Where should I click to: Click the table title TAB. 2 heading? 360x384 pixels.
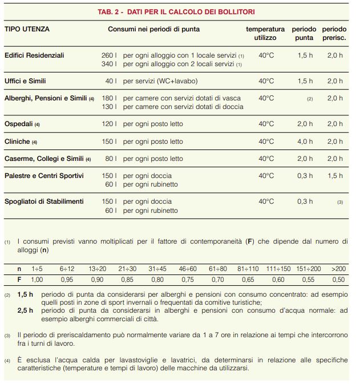[180, 11]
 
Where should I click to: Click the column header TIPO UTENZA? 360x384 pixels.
[27, 29]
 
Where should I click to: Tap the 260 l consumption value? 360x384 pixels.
[108, 56]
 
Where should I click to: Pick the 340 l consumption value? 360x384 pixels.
[108, 64]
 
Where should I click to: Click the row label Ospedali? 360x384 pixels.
[19, 124]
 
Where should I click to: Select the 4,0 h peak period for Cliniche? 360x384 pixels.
[305, 142]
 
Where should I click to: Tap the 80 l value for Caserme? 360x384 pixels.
[111, 159]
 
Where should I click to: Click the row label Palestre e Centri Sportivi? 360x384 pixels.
[44, 176]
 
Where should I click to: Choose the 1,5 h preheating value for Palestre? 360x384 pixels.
[335, 176]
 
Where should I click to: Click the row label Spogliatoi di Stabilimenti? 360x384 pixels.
[44, 201]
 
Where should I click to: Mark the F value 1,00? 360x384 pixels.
[37, 280]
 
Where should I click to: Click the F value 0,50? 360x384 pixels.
[338, 280]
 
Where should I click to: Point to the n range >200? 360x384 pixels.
[338, 268]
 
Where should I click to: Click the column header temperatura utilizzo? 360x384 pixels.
[265, 33]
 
